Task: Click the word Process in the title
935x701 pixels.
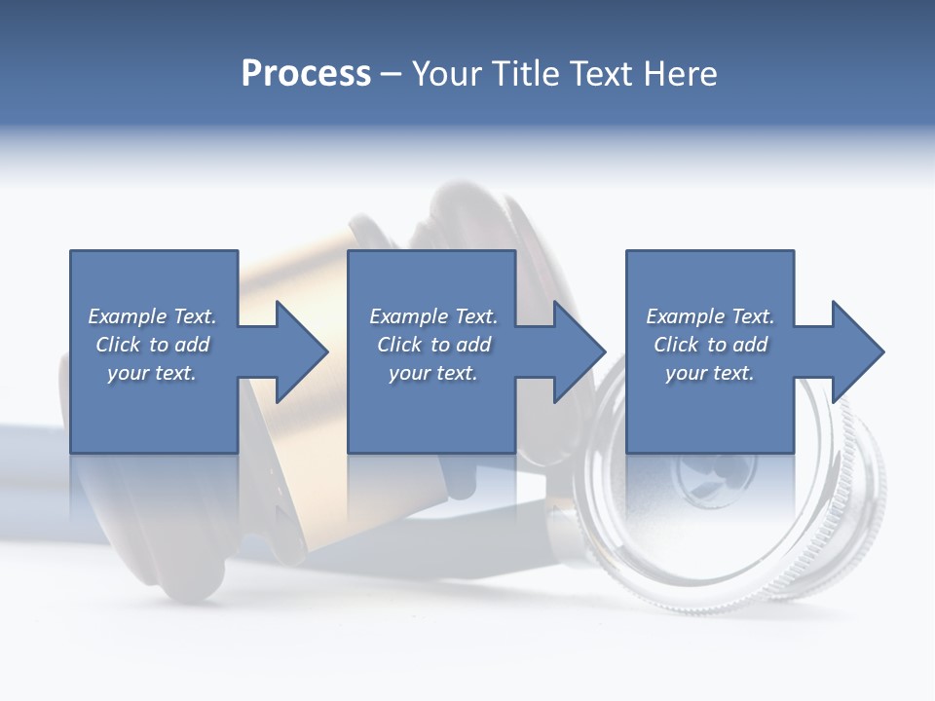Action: pyautogui.click(x=306, y=74)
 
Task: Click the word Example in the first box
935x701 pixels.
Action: pyautogui.click(x=128, y=316)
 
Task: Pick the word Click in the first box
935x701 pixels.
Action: pyautogui.click(x=118, y=345)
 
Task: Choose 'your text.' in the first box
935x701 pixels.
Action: pyautogui.click(x=152, y=373)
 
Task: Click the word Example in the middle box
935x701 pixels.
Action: pyautogui.click(x=409, y=316)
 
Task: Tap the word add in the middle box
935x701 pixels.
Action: pyautogui.click(x=473, y=345)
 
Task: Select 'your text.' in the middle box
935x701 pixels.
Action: pyautogui.click(x=433, y=373)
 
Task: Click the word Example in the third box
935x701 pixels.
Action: pyautogui.click(x=686, y=316)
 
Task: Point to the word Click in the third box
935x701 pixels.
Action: pyautogui.click(x=676, y=345)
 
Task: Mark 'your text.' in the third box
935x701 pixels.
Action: pyautogui.click(x=710, y=373)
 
